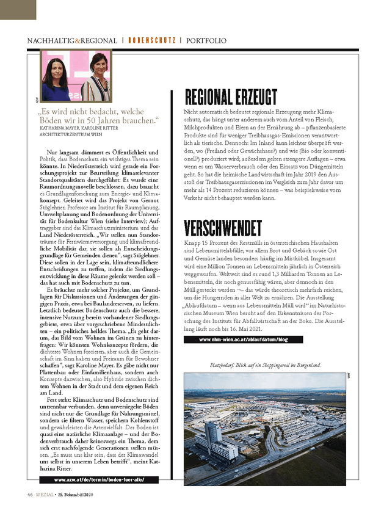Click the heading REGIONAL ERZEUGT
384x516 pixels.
click(x=231, y=96)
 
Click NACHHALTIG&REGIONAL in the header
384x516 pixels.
click(x=72, y=41)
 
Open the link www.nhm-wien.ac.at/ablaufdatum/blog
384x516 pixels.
click(x=242, y=339)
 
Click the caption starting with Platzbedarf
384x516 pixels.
click(x=265, y=365)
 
